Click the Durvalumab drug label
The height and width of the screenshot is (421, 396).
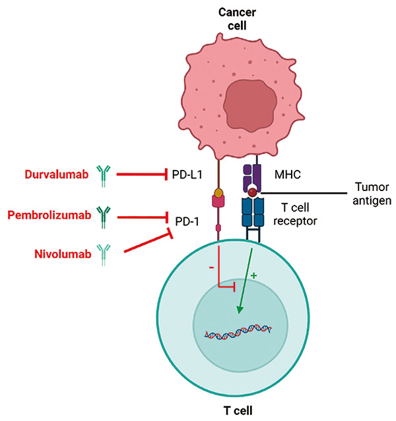[57, 175]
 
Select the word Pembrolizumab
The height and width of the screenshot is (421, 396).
[49, 215]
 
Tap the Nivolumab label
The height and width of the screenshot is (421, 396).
[63, 254]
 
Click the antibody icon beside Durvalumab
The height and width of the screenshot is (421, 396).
[104, 176]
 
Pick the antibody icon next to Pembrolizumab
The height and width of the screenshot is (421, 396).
[104, 217]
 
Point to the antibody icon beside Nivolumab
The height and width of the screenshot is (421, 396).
[104, 255]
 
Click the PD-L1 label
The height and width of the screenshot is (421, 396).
[187, 175]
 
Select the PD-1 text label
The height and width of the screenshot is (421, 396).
[187, 222]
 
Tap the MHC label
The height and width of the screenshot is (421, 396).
[288, 175]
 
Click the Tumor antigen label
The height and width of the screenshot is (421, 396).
[372, 194]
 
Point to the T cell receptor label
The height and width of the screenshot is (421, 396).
[295, 214]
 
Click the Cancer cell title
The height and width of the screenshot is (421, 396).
[237, 19]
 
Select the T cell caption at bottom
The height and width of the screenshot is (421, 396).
[238, 411]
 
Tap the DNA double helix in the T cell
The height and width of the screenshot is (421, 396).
[238, 332]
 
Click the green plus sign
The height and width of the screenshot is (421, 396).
[253, 276]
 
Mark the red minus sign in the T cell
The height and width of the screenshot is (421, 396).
[211, 267]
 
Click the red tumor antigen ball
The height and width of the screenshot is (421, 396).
[252, 192]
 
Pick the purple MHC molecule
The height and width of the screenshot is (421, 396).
[252, 178]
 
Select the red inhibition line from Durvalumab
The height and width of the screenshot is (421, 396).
[142, 175]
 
